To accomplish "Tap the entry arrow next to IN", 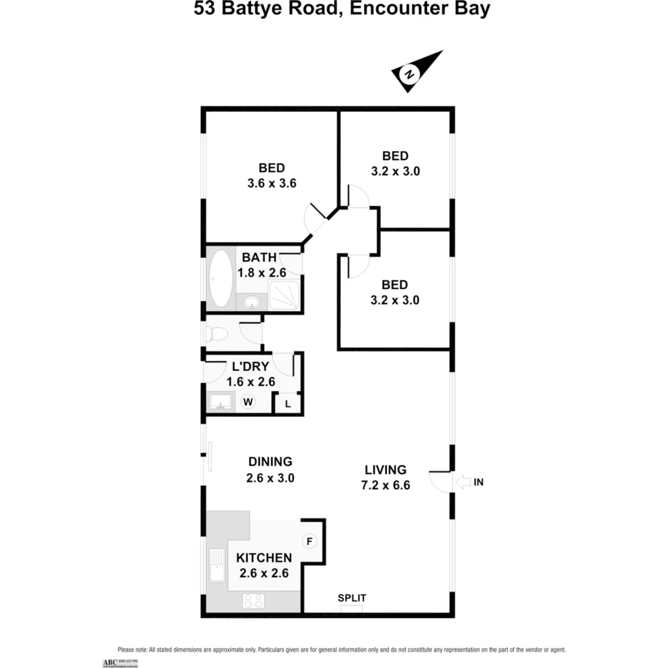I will pos(463,482).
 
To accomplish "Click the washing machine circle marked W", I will pos(249,402).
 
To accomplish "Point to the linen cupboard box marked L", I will pos(288,404).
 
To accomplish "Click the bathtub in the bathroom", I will pos(221,280).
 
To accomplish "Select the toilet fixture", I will pos(216,334).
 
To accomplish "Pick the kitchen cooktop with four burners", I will pos(254,600).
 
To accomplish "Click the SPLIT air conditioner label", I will pos(352,598).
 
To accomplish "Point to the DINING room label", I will pos(270,461).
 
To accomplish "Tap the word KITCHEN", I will pos(264,557).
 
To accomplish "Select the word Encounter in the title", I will pos(393,10).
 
